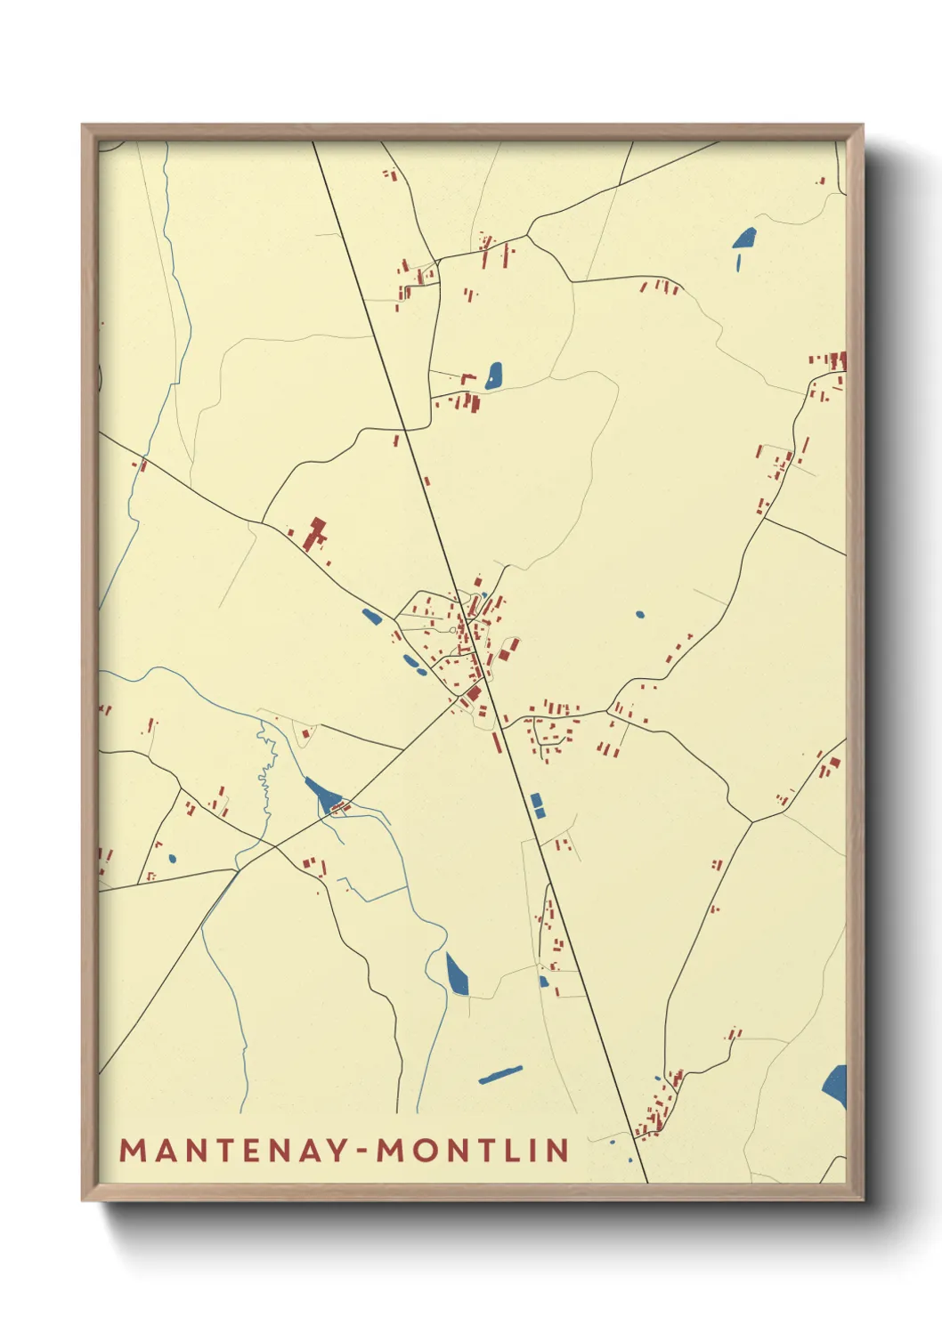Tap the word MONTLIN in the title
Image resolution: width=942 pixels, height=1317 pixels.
pyautogui.click(x=474, y=1150)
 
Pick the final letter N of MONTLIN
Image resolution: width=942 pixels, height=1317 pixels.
pyautogui.click(x=558, y=1150)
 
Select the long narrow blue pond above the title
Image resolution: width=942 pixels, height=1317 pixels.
pyautogui.click(x=500, y=1075)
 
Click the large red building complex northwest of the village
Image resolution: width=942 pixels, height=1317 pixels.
pyautogui.click(x=313, y=533)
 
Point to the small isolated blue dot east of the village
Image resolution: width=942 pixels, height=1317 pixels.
pyautogui.click(x=639, y=614)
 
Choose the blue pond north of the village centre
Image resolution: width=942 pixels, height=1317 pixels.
pyautogui.click(x=493, y=376)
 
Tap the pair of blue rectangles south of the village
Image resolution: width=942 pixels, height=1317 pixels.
pyautogui.click(x=537, y=805)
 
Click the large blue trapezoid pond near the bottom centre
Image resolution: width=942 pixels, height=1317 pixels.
pyautogui.click(x=457, y=975)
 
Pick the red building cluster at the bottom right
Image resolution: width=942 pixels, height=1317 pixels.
pyautogui.click(x=661, y=1103)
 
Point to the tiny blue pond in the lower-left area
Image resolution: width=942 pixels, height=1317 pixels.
pyautogui.click(x=171, y=859)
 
